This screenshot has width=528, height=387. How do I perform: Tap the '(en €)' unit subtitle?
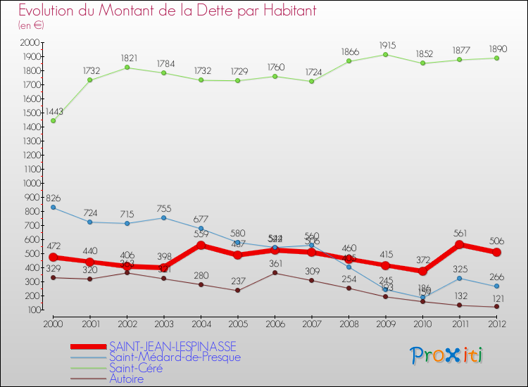coord(31,25)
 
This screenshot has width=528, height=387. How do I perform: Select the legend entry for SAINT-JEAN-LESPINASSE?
coord(172,346)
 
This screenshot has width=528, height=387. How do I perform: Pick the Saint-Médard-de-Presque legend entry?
coord(175,357)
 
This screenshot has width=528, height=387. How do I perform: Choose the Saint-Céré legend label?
coord(135,367)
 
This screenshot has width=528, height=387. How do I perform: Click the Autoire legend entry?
coord(127,379)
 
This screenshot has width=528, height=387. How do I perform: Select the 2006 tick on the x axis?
coord(275,323)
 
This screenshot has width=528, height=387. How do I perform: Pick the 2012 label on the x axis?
coord(497,323)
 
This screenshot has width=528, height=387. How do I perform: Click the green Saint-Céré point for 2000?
coord(54,120)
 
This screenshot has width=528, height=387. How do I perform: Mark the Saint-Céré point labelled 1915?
coord(386,54)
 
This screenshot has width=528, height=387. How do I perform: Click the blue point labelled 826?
coord(54,208)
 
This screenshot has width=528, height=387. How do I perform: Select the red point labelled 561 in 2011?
coord(460,245)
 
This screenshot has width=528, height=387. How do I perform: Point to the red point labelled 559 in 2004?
coord(201,245)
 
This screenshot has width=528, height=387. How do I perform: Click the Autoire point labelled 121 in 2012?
coord(497,307)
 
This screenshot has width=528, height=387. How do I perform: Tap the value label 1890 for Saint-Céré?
coord(497,49)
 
